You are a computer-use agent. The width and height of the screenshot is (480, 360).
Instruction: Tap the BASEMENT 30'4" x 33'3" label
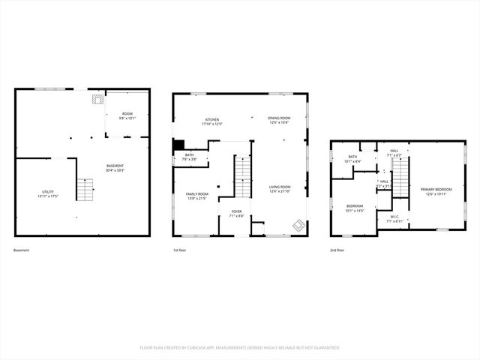(115, 167)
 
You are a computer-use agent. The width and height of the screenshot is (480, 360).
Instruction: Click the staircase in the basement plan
(88, 188)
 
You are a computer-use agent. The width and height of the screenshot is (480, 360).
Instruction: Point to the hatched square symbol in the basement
(97, 97)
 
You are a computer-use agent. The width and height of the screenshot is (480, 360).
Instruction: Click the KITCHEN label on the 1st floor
(212, 121)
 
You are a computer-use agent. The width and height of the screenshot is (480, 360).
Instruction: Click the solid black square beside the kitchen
(178, 145)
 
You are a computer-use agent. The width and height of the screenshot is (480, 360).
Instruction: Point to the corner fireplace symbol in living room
(298, 225)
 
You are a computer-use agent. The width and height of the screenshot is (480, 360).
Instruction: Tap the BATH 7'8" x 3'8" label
(189, 157)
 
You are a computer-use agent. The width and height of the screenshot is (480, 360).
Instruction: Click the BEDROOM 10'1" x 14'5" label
(355, 208)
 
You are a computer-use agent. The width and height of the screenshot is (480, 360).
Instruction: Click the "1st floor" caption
(181, 250)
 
